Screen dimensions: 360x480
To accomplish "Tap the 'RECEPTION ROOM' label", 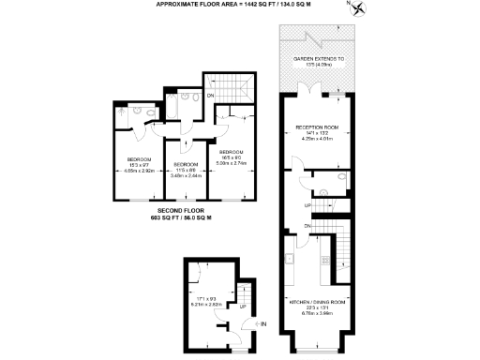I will pos(316,127).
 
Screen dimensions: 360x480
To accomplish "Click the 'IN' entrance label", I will pos(263,325).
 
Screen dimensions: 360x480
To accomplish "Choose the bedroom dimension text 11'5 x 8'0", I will pos(187,169).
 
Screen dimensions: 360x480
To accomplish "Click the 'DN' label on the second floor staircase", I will pos(210,96).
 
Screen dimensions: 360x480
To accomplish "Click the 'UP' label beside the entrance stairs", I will pos(243,306).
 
